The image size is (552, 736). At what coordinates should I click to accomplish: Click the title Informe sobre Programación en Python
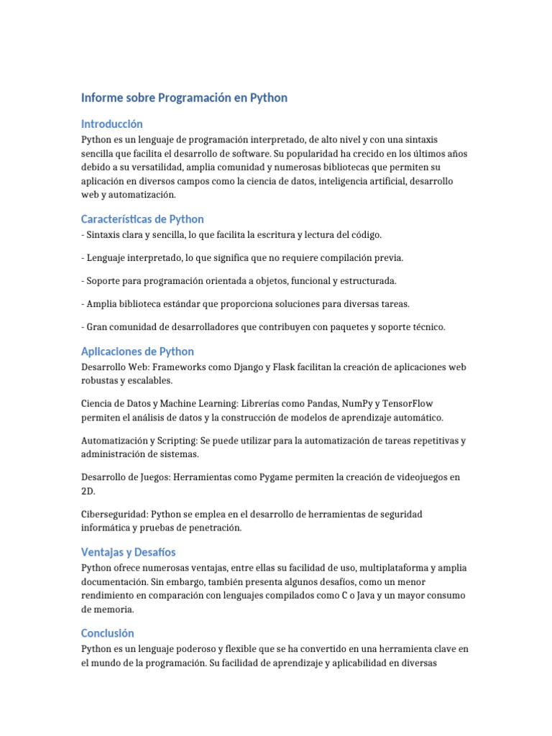(x=184, y=98)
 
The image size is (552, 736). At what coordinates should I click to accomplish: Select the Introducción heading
(x=111, y=124)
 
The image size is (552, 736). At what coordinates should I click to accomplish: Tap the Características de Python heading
(x=142, y=219)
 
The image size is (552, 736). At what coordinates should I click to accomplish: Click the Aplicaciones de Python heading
(x=137, y=351)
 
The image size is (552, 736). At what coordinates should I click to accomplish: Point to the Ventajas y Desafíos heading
(x=129, y=552)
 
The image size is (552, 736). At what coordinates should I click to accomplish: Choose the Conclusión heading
(x=108, y=633)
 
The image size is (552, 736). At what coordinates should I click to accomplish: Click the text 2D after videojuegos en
(x=88, y=492)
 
